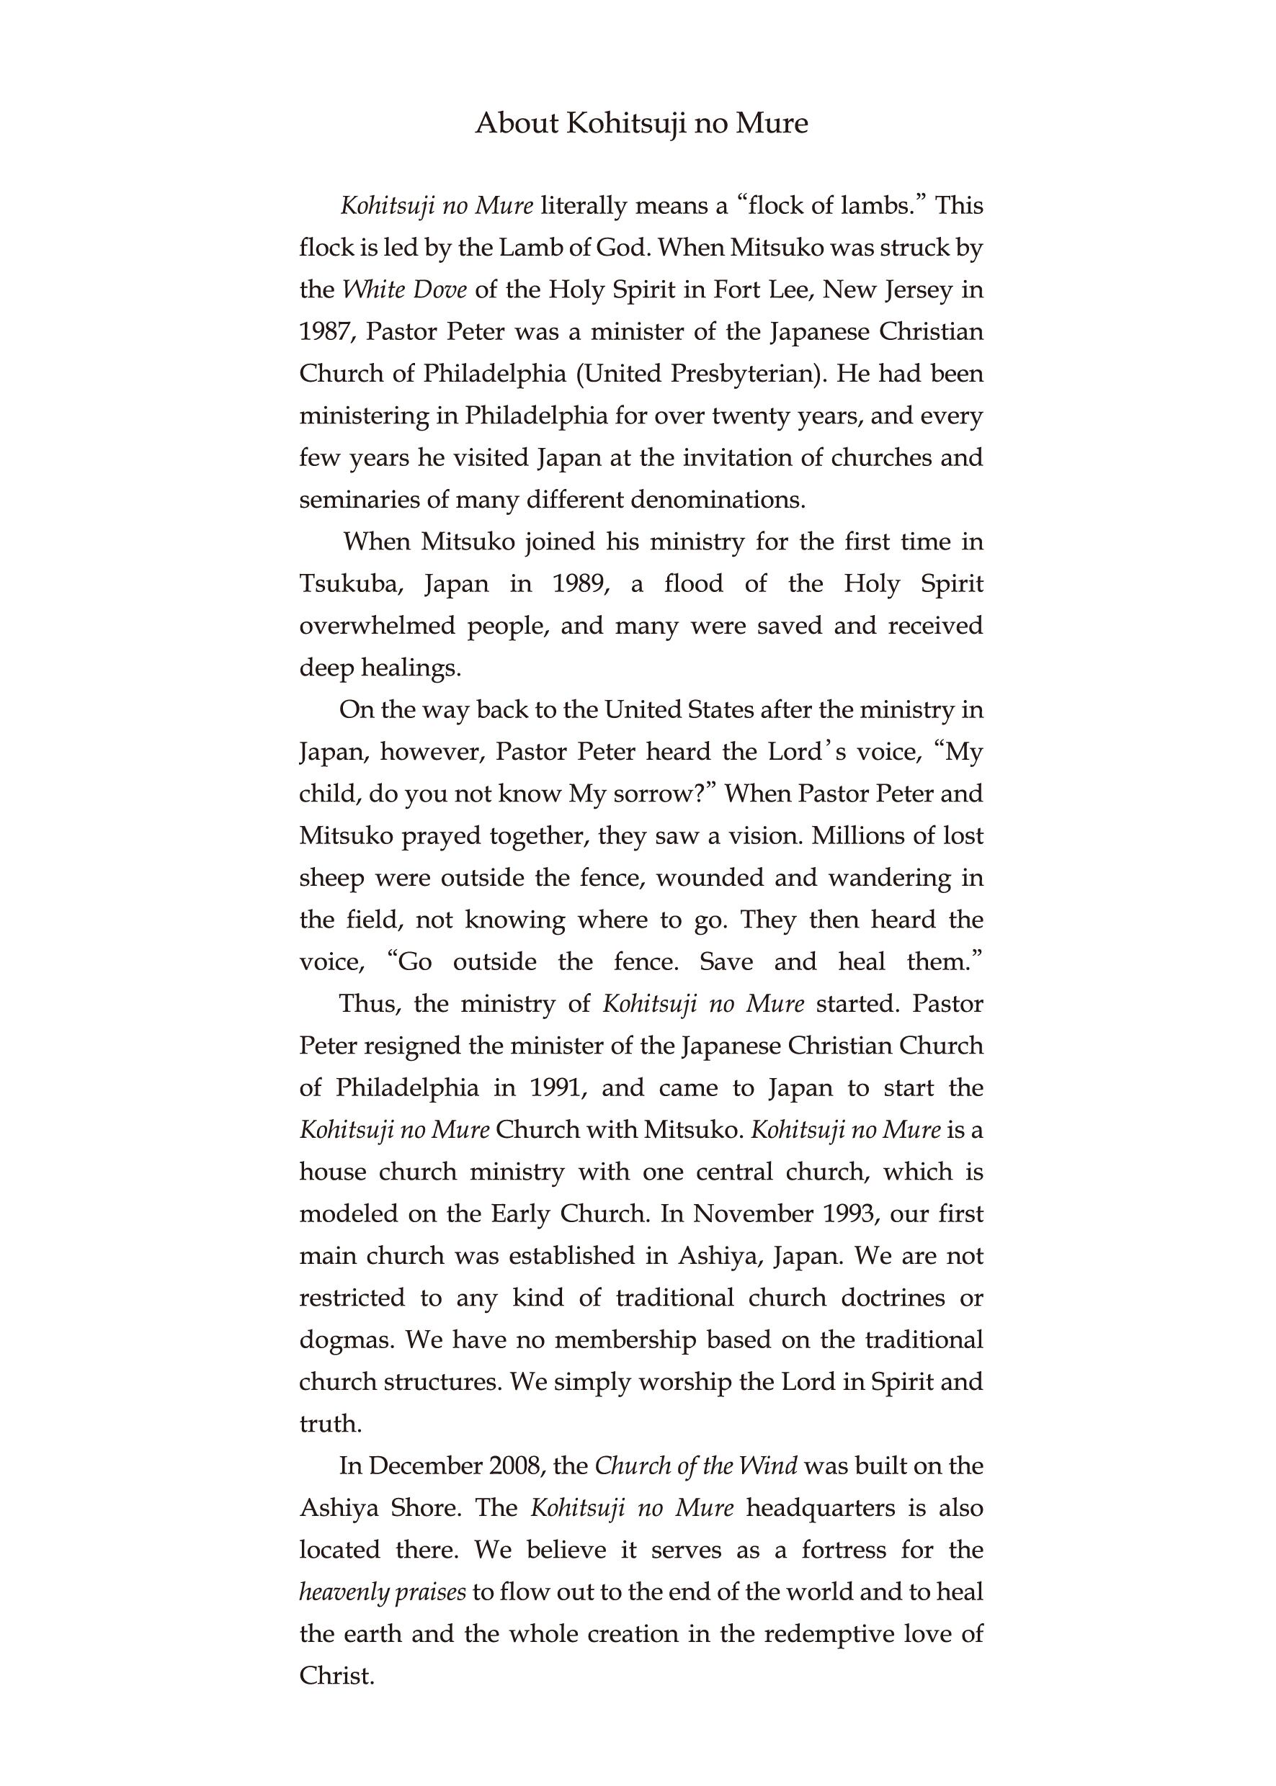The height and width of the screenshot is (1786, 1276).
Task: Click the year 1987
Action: pyautogui.click(x=325, y=332)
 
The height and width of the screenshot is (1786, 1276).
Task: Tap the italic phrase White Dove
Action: pyautogui.click(x=405, y=290)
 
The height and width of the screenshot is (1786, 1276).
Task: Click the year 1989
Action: pyautogui.click(x=581, y=584)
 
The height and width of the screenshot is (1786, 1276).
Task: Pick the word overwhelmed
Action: pyautogui.click(x=376, y=626)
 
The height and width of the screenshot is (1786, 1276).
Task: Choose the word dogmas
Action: pyautogui.click(x=345, y=1340)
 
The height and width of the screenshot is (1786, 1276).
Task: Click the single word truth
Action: pyautogui.click(x=330, y=1424)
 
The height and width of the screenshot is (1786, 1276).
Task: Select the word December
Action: pyautogui.click(x=424, y=1466)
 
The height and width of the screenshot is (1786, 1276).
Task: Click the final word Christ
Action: pyautogui.click(x=336, y=1676)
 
